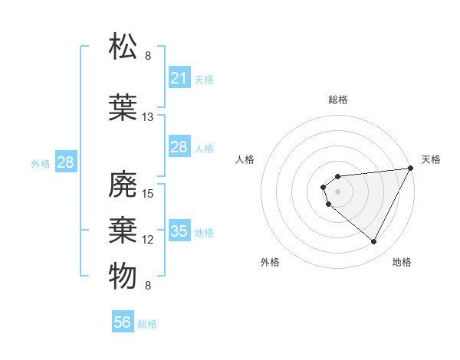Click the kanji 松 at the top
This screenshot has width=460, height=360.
(123, 45)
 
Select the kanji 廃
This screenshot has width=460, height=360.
(123, 183)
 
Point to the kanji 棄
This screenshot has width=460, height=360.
(123, 229)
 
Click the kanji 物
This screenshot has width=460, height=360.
(123, 275)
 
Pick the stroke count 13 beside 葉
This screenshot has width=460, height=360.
(148, 117)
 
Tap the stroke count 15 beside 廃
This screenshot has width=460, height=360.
(148, 193)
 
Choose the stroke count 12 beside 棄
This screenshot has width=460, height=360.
(148, 240)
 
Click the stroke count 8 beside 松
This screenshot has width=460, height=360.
(148, 56)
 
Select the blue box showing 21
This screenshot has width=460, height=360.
(179, 78)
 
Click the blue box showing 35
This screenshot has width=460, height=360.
(179, 231)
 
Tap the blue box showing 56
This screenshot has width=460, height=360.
(123, 322)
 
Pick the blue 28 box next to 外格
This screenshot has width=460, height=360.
(65, 162)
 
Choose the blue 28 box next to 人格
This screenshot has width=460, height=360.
(179, 147)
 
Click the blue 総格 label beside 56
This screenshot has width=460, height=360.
(147, 324)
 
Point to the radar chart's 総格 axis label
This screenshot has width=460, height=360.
(338, 100)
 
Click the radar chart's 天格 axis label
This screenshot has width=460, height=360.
(431, 159)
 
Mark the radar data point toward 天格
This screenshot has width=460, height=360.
(411, 169)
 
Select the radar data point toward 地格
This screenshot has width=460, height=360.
(374, 242)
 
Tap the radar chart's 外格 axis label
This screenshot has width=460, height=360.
(270, 262)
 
